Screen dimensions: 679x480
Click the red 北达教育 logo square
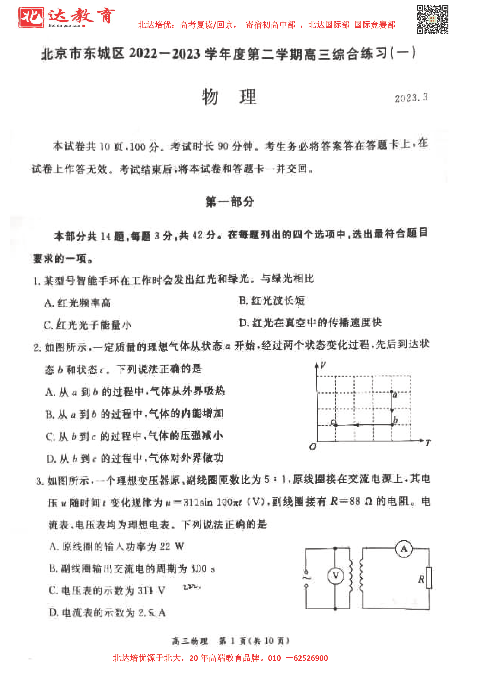coord(31,17)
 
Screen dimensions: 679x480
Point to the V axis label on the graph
coord(323,365)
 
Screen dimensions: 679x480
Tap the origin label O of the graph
coord(312,446)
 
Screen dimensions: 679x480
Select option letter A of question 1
coord(49,303)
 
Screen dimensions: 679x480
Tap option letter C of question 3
coord(52,591)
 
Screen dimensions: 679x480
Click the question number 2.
coord(37,347)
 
